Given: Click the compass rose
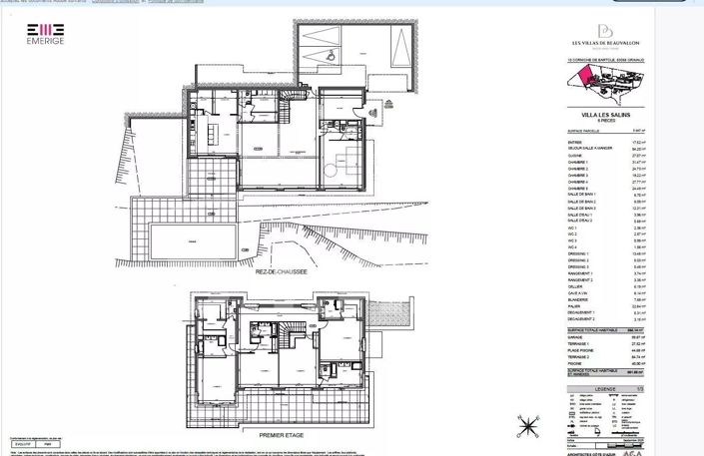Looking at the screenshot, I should click(526, 426).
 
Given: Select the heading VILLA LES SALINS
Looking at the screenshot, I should click(604, 115).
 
